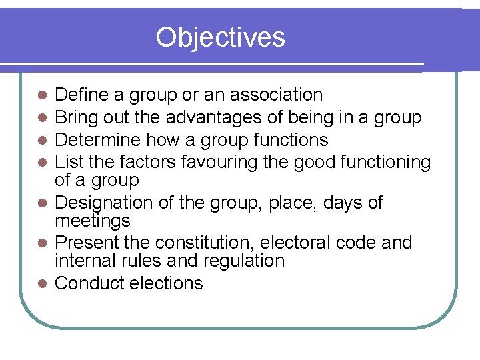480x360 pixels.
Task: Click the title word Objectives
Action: click(x=220, y=37)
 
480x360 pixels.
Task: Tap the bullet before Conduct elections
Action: click(x=41, y=284)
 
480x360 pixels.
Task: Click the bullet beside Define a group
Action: click(x=41, y=96)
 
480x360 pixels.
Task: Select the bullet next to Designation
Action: click(x=41, y=203)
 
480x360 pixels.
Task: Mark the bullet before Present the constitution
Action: click(x=41, y=243)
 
